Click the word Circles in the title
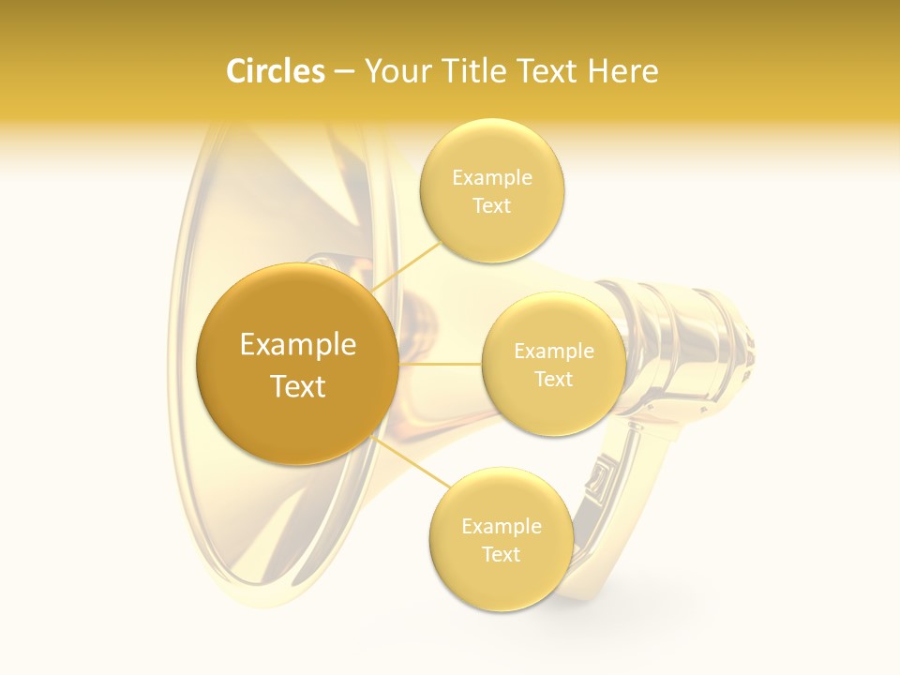pos(275,71)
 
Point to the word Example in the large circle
pos(297,345)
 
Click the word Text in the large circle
pos(297,386)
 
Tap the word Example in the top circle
pos(491,178)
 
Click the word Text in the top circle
pos(491,206)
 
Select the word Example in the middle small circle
pos(553,352)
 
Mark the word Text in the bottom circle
pos(501,554)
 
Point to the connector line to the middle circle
pos(441,364)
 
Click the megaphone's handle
pos(614,497)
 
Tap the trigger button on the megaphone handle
pos(598,477)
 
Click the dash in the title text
pos(344,72)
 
